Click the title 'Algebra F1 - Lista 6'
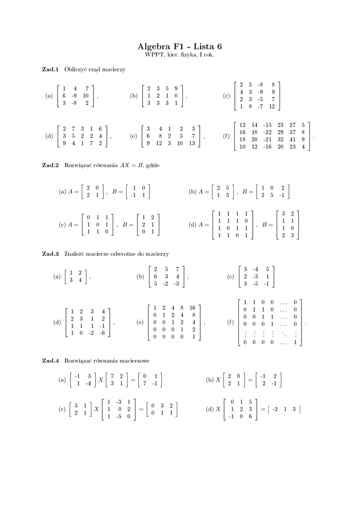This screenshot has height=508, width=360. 180,47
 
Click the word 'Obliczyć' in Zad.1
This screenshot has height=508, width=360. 75,69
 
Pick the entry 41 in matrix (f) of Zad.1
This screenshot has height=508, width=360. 293,139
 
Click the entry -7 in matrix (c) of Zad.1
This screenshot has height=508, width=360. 261,107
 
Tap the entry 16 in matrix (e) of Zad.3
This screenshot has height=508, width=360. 193,308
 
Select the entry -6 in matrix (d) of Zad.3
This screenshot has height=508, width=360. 103,333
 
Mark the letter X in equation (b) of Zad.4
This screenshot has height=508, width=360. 217,380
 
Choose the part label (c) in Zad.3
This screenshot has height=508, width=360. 230,276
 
